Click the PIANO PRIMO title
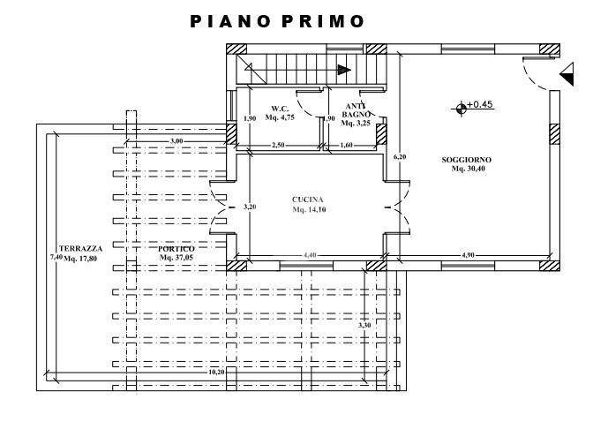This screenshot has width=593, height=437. (277, 21)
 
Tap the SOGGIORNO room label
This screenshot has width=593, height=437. (466, 160)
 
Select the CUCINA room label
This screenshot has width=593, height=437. (307, 200)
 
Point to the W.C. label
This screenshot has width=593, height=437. (280, 109)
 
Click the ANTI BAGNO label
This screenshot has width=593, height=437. (357, 110)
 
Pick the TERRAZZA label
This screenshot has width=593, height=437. (80, 249)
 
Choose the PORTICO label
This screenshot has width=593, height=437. (176, 249)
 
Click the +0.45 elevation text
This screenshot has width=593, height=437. (480, 104)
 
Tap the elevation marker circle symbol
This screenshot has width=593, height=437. (461, 109)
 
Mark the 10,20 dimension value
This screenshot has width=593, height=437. (217, 372)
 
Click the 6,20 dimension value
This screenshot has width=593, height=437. (400, 156)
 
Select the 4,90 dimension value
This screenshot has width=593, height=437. (468, 255)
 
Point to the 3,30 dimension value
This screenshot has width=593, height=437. (364, 325)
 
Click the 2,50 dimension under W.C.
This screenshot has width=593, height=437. (278, 145)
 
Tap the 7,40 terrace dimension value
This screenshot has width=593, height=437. (56, 257)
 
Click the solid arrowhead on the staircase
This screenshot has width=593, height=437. (344, 70)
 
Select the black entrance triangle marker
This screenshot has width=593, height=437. (567, 74)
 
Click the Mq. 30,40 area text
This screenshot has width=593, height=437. (469, 169)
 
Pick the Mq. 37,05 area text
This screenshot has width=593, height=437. (176, 258)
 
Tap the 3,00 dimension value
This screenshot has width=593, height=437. (176, 141)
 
